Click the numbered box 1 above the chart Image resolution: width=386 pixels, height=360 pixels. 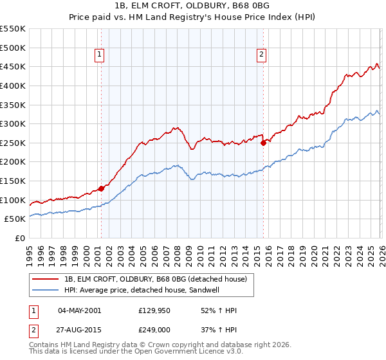pos(100,56)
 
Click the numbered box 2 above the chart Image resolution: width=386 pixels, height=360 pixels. pos(262,56)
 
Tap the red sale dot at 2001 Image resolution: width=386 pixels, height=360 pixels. pos(101,188)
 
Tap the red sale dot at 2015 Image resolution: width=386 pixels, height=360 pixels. pos(263,143)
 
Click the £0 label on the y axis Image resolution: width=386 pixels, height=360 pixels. pos(20,238)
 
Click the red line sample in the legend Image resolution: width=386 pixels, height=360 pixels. pos(46,278)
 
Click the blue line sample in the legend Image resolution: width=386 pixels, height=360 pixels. pos(46,289)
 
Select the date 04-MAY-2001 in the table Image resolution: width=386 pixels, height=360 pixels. pos(79,310)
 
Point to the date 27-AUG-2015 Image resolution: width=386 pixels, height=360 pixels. pos(79,330)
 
